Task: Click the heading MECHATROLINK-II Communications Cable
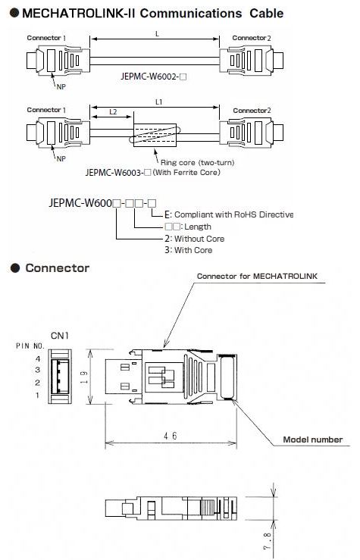152,13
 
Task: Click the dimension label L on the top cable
157,34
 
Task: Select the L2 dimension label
113,112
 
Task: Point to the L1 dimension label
158,102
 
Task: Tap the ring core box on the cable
155,135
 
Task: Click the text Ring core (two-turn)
198,162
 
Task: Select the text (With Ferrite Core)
186,172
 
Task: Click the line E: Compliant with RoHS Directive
229,214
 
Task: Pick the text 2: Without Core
195,239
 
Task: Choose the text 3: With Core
189,250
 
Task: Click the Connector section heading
58,267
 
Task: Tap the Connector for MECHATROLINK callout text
257,276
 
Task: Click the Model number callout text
313,440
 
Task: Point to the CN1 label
60,336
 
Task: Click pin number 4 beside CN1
37,358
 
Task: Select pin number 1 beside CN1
37,395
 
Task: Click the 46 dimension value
170,436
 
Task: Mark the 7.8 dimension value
267,541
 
